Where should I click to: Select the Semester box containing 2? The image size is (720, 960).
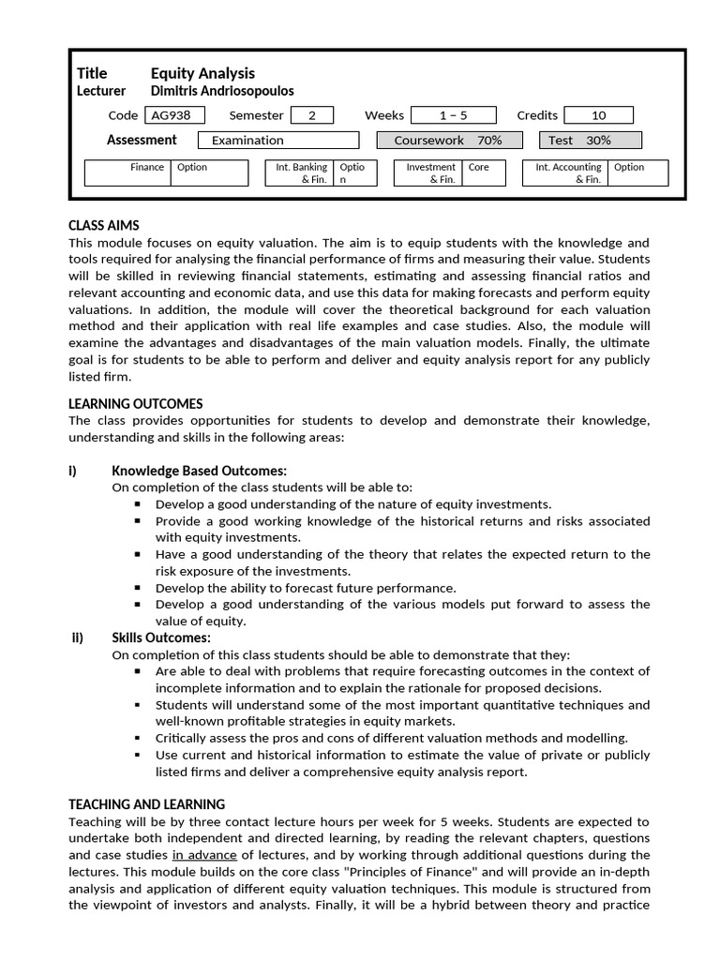pos(312,115)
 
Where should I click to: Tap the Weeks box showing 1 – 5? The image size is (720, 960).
pos(454,115)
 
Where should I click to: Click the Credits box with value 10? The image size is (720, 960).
pos(598,115)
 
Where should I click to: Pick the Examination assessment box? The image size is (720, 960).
pos(278,141)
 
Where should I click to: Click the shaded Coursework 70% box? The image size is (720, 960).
pos(449,141)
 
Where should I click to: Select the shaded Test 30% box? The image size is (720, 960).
pos(591,141)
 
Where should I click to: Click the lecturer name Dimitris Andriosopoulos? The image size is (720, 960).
pos(222,91)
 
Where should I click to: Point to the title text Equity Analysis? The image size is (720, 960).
pos(202,73)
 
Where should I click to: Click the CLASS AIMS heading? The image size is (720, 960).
pos(104,226)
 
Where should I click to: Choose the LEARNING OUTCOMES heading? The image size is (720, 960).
pos(136,404)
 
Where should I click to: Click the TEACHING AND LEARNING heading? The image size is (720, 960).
pos(147,804)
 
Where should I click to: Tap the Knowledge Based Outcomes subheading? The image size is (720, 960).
pos(199,471)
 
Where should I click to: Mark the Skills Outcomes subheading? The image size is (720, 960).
pos(161,638)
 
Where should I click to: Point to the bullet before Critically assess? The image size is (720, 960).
pos(138,738)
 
